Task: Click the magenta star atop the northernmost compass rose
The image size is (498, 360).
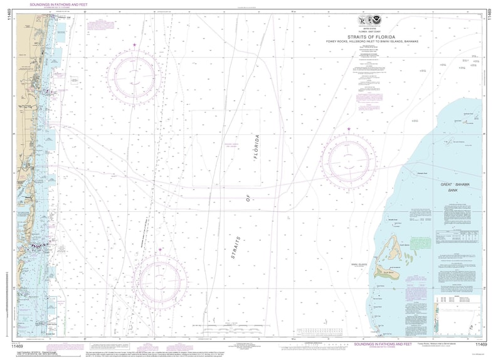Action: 134,45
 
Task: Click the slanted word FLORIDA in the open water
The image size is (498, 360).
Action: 257,147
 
